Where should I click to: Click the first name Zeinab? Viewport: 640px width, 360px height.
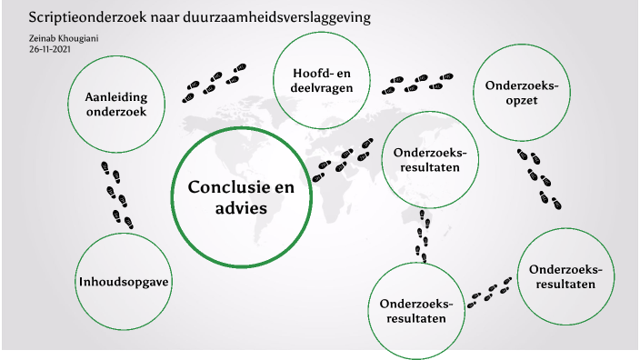(x=41, y=38)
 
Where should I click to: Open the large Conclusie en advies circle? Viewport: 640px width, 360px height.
(x=240, y=195)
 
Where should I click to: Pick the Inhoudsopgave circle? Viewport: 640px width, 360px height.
(x=125, y=279)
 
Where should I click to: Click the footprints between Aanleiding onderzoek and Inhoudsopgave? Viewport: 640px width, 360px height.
(x=115, y=194)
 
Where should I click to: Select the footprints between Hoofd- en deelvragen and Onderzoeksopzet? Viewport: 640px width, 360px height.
(x=416, y=84)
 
